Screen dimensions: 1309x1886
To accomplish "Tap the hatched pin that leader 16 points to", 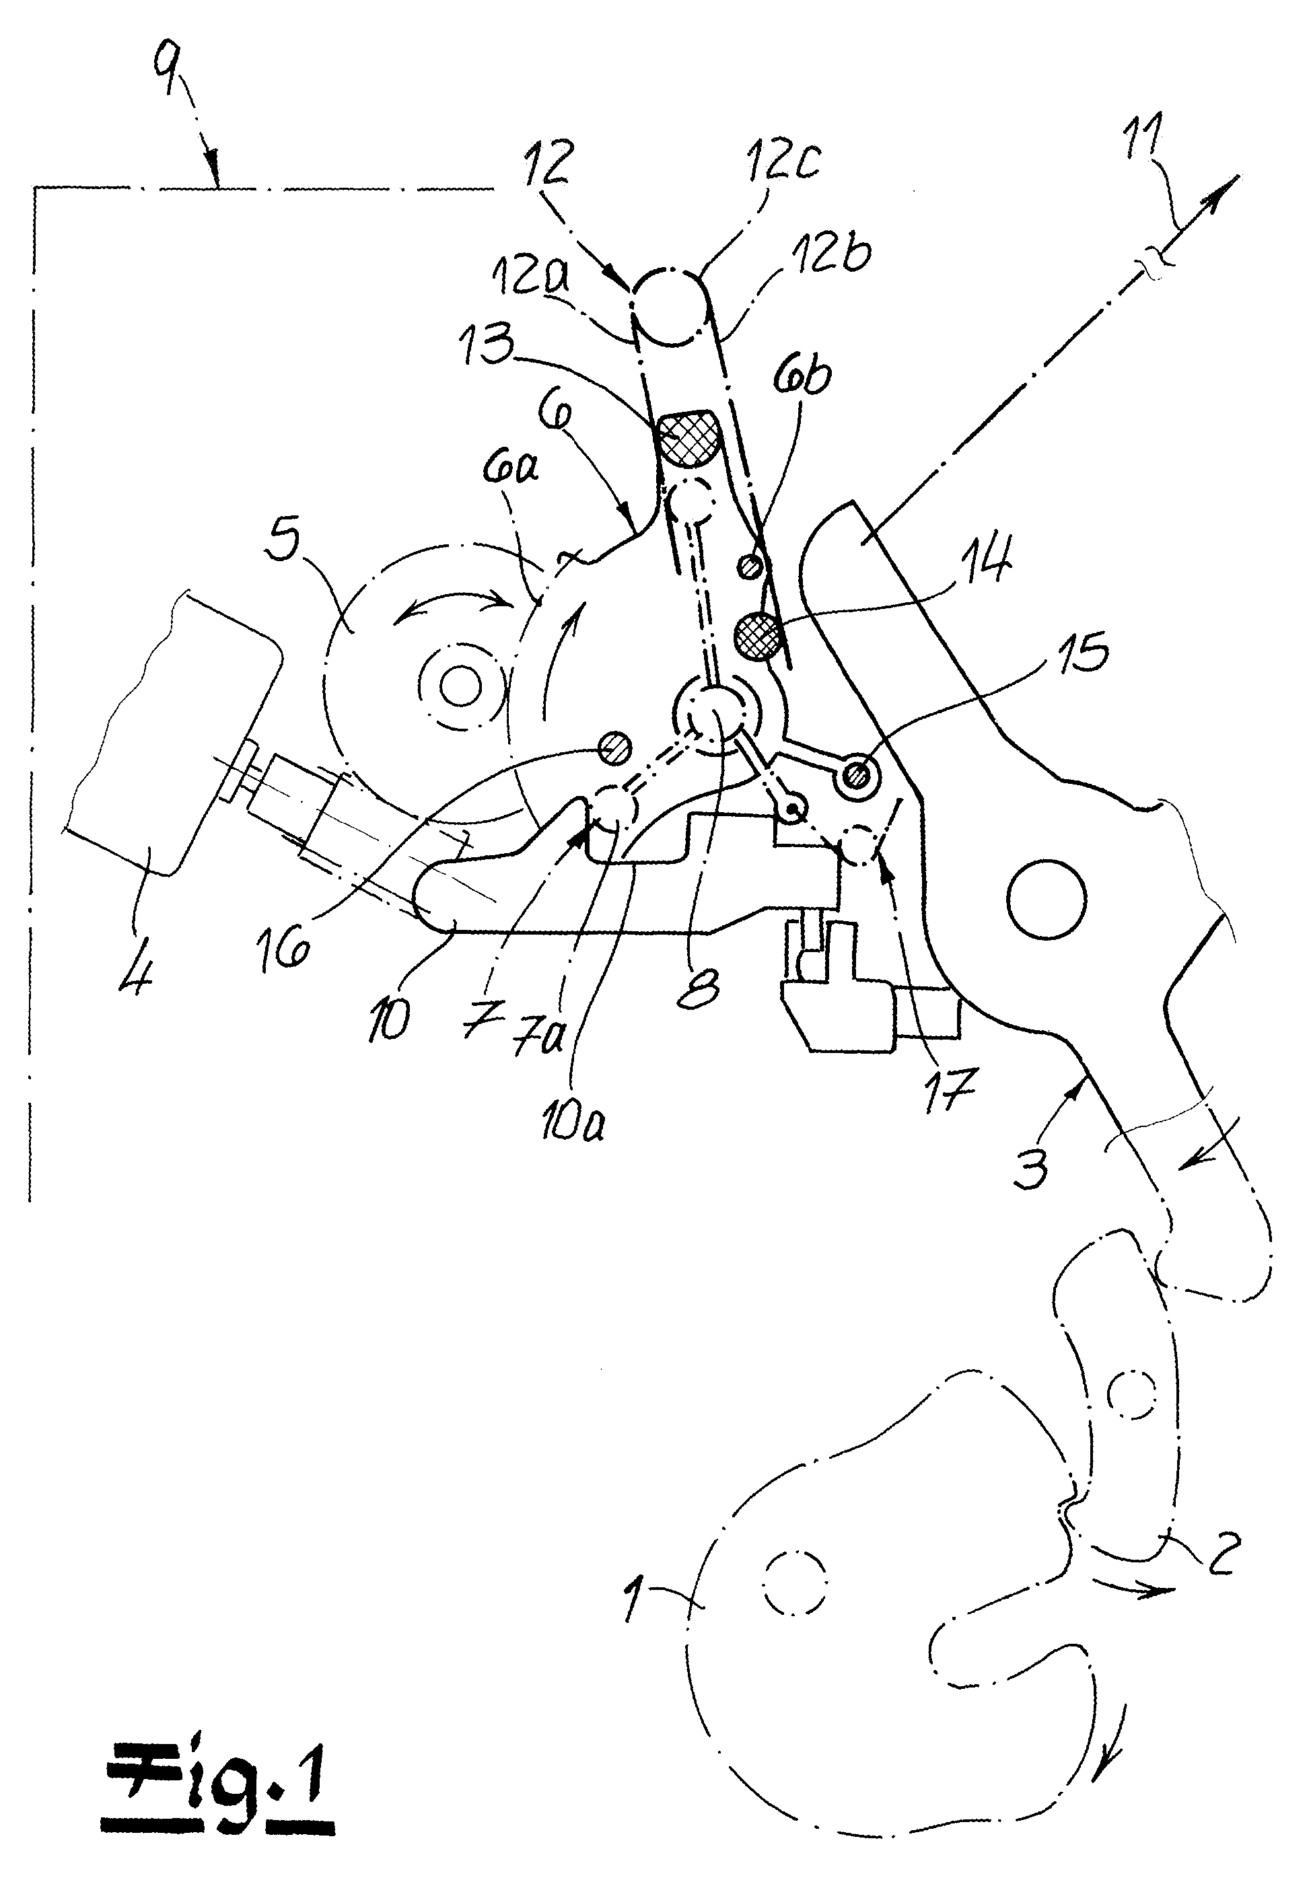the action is pyautogui.click(x=614, y=747).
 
